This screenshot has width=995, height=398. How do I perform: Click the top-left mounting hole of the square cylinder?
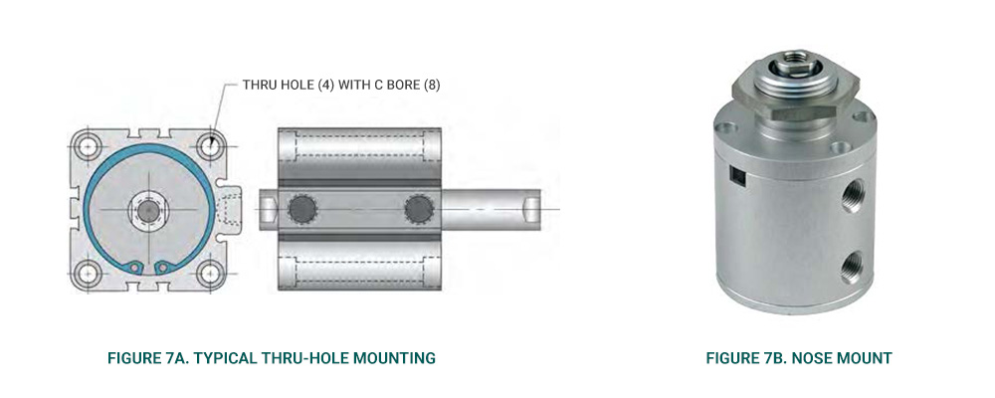coord(87,146)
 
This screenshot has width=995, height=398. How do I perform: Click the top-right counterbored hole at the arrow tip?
coord(209,146)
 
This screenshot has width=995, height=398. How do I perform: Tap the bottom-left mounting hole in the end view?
coord(87,275)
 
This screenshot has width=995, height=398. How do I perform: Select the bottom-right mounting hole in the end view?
coord(209,275)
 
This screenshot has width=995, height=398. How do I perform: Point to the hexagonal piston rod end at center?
coord(148,211)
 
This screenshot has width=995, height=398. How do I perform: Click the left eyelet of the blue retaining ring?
coord(133,268)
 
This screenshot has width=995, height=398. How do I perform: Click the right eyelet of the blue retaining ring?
coord(162,268)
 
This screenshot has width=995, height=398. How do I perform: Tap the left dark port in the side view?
coord(301,208)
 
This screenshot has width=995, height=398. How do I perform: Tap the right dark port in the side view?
coord(419,208)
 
